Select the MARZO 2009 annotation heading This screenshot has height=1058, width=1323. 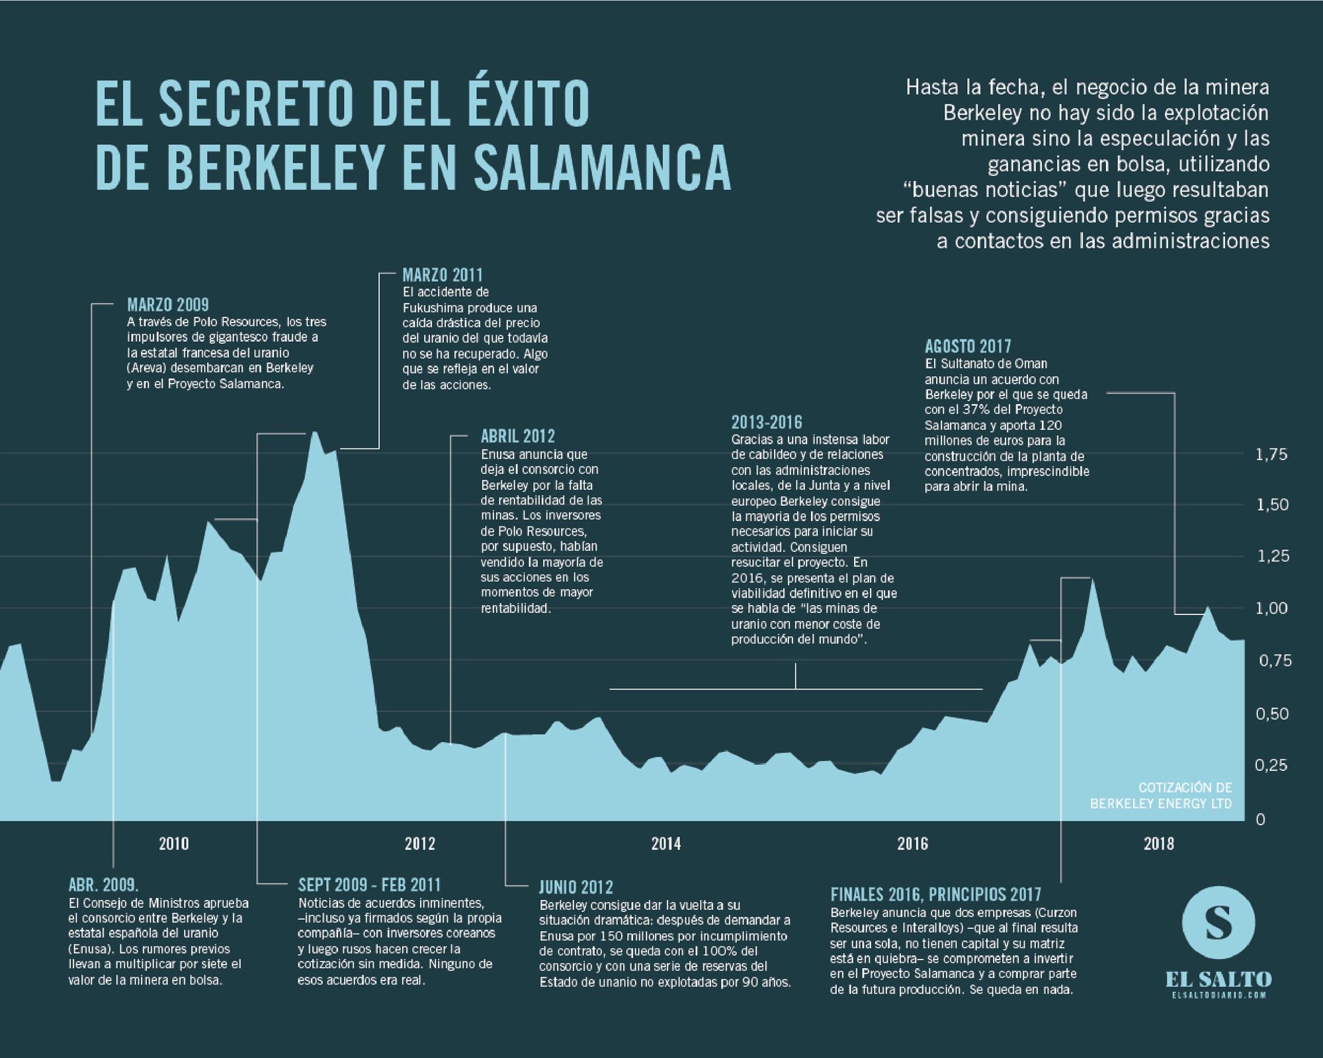[x=167, y=305]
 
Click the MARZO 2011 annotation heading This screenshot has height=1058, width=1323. [x=443, y=275]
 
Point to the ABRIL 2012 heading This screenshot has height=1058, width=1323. [x=517, y=436]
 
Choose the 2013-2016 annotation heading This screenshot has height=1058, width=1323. [x=766, y=423]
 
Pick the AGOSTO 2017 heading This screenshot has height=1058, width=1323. [x=968, y=346]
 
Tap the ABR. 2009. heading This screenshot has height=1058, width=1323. [x=103, y=885]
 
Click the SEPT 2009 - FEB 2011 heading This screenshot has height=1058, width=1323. [x=369, y=885]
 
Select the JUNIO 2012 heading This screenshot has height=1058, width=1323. [x=576, y=887]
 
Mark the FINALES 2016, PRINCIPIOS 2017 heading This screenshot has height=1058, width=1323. [x=935, y=895]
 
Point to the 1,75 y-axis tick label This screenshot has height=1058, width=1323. [x=1271, y=455]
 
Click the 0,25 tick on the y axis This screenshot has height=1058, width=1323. [x=1271, y=765]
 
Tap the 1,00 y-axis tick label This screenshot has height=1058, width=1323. [x=1271, y=608]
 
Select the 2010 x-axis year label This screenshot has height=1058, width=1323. [x=174, y=844]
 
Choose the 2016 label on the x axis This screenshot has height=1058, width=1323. [x=912, y=844]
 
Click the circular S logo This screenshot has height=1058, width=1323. [x=1218, y=922]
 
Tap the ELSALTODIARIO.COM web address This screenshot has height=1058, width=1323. [x=1218, y=996]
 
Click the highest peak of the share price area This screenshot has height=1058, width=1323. [x=315, y=434]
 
